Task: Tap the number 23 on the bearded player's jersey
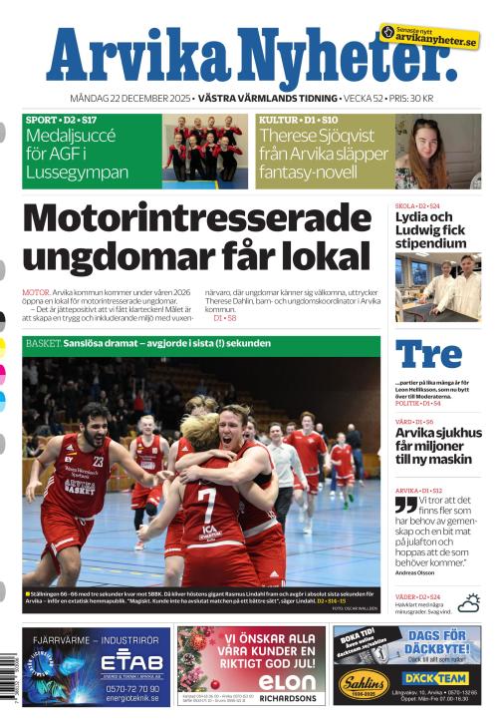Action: (99, 461)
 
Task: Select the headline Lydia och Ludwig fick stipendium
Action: (430, 230)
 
